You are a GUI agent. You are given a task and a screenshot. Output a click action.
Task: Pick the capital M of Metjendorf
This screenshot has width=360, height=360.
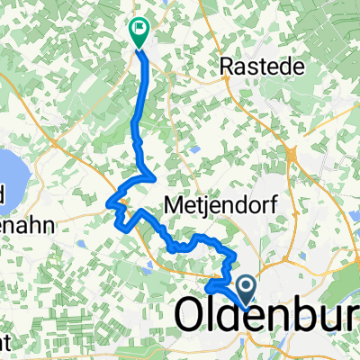(x=174, y=206)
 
